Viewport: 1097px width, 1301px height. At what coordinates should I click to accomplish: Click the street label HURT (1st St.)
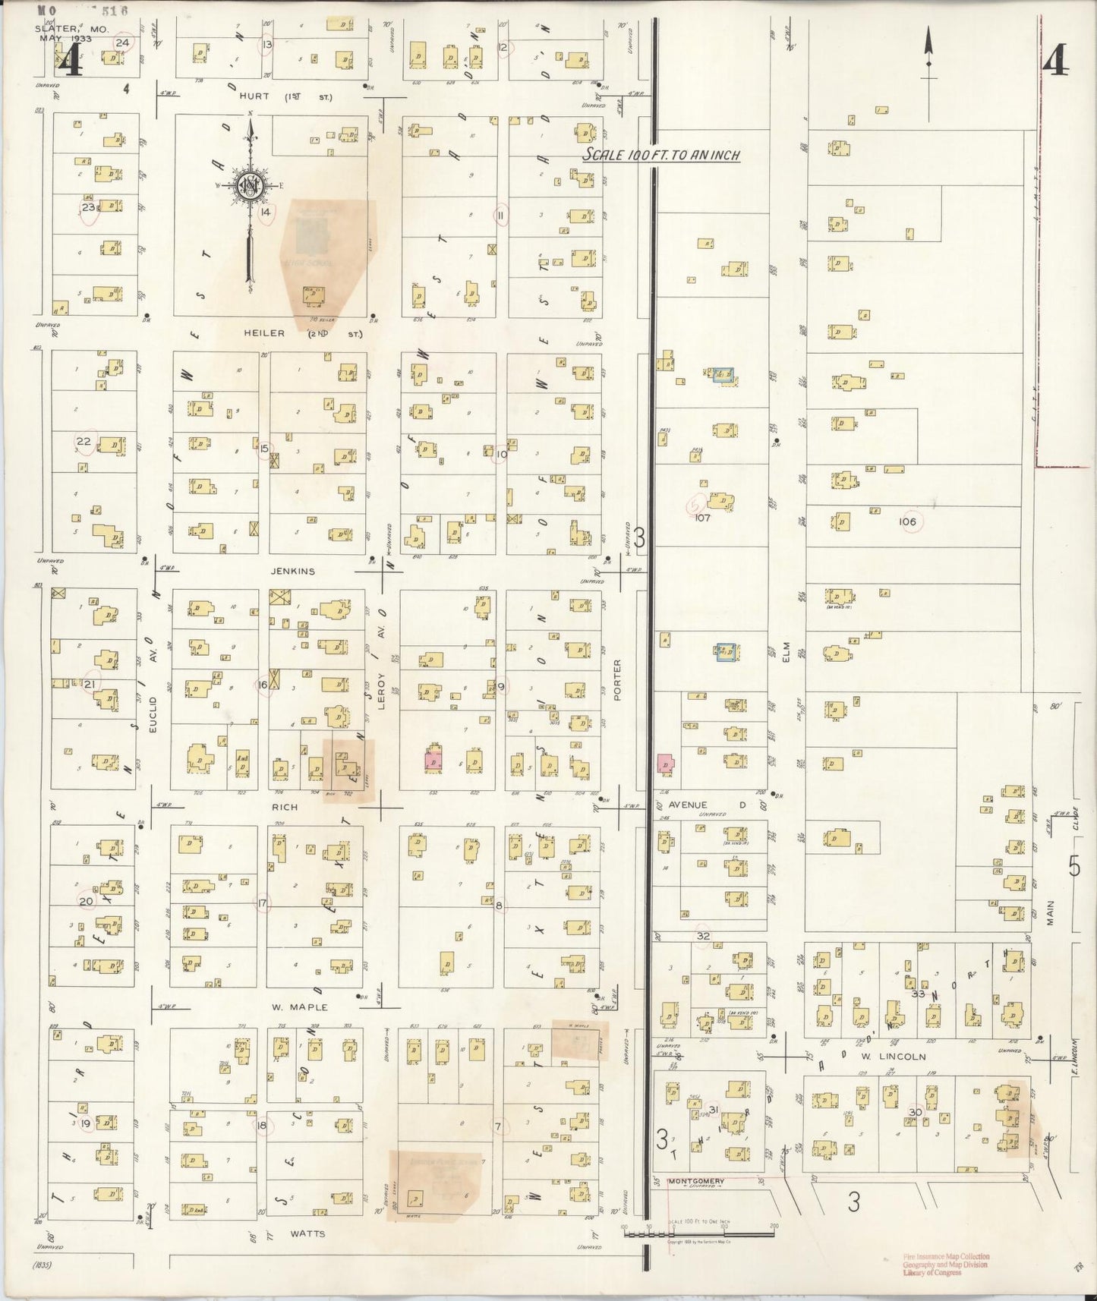[x=285, y=96]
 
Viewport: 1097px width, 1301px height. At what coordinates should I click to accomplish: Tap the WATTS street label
[x=307, y=1233]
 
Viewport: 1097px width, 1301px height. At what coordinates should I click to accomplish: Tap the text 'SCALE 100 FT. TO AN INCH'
[x=660, y=155]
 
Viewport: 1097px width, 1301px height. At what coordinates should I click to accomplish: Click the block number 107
[x=701, y=518]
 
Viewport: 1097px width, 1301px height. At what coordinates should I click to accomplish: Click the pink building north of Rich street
[x=433, y=759]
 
